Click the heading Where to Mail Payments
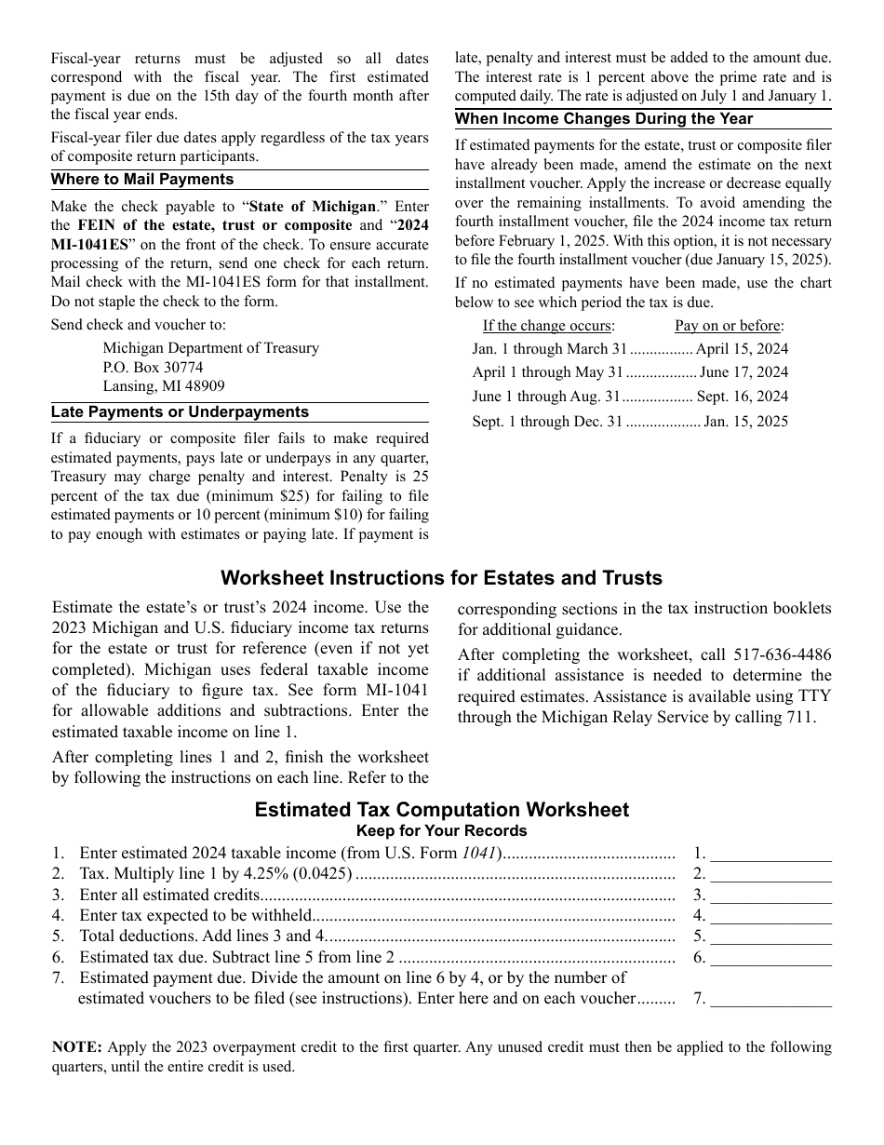(x=142, y=180)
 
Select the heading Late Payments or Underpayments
(x=180, y=412)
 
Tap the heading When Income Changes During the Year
(x=604, y=119)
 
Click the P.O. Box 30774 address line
(x=153, y=368)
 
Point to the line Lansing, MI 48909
(x=164, y=386)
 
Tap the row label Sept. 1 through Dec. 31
(x=547, y=422)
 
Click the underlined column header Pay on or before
(x=730, y=326)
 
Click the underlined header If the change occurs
(x=548, y=326)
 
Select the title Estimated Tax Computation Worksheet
(x=442, y=810)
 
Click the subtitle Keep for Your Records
(x=442, y=831)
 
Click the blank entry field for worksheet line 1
(x=771, y=853)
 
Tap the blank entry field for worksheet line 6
(x=771, y=957)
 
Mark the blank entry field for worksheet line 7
(x=771, y=999)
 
